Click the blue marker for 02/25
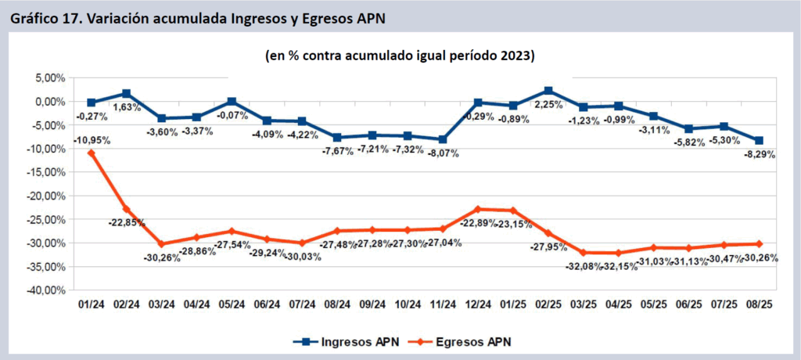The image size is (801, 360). pyautogui.click(x=548, y=91)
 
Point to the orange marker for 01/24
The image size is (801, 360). pyautogui.click(x=92, y=153)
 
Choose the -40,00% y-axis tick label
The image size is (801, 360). pyautogui.click(x=45, y=290)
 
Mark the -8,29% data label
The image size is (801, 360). pyautogui.click(x=759, y=155)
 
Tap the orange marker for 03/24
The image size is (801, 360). pyautogui.click(x=161, y=243)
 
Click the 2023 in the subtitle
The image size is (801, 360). pyautogui.click(x=517, y=56)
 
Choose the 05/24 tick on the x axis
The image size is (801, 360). pyautogui.click(x=232, y=303)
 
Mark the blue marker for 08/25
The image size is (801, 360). pyautogui.click(x=758, y=141)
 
